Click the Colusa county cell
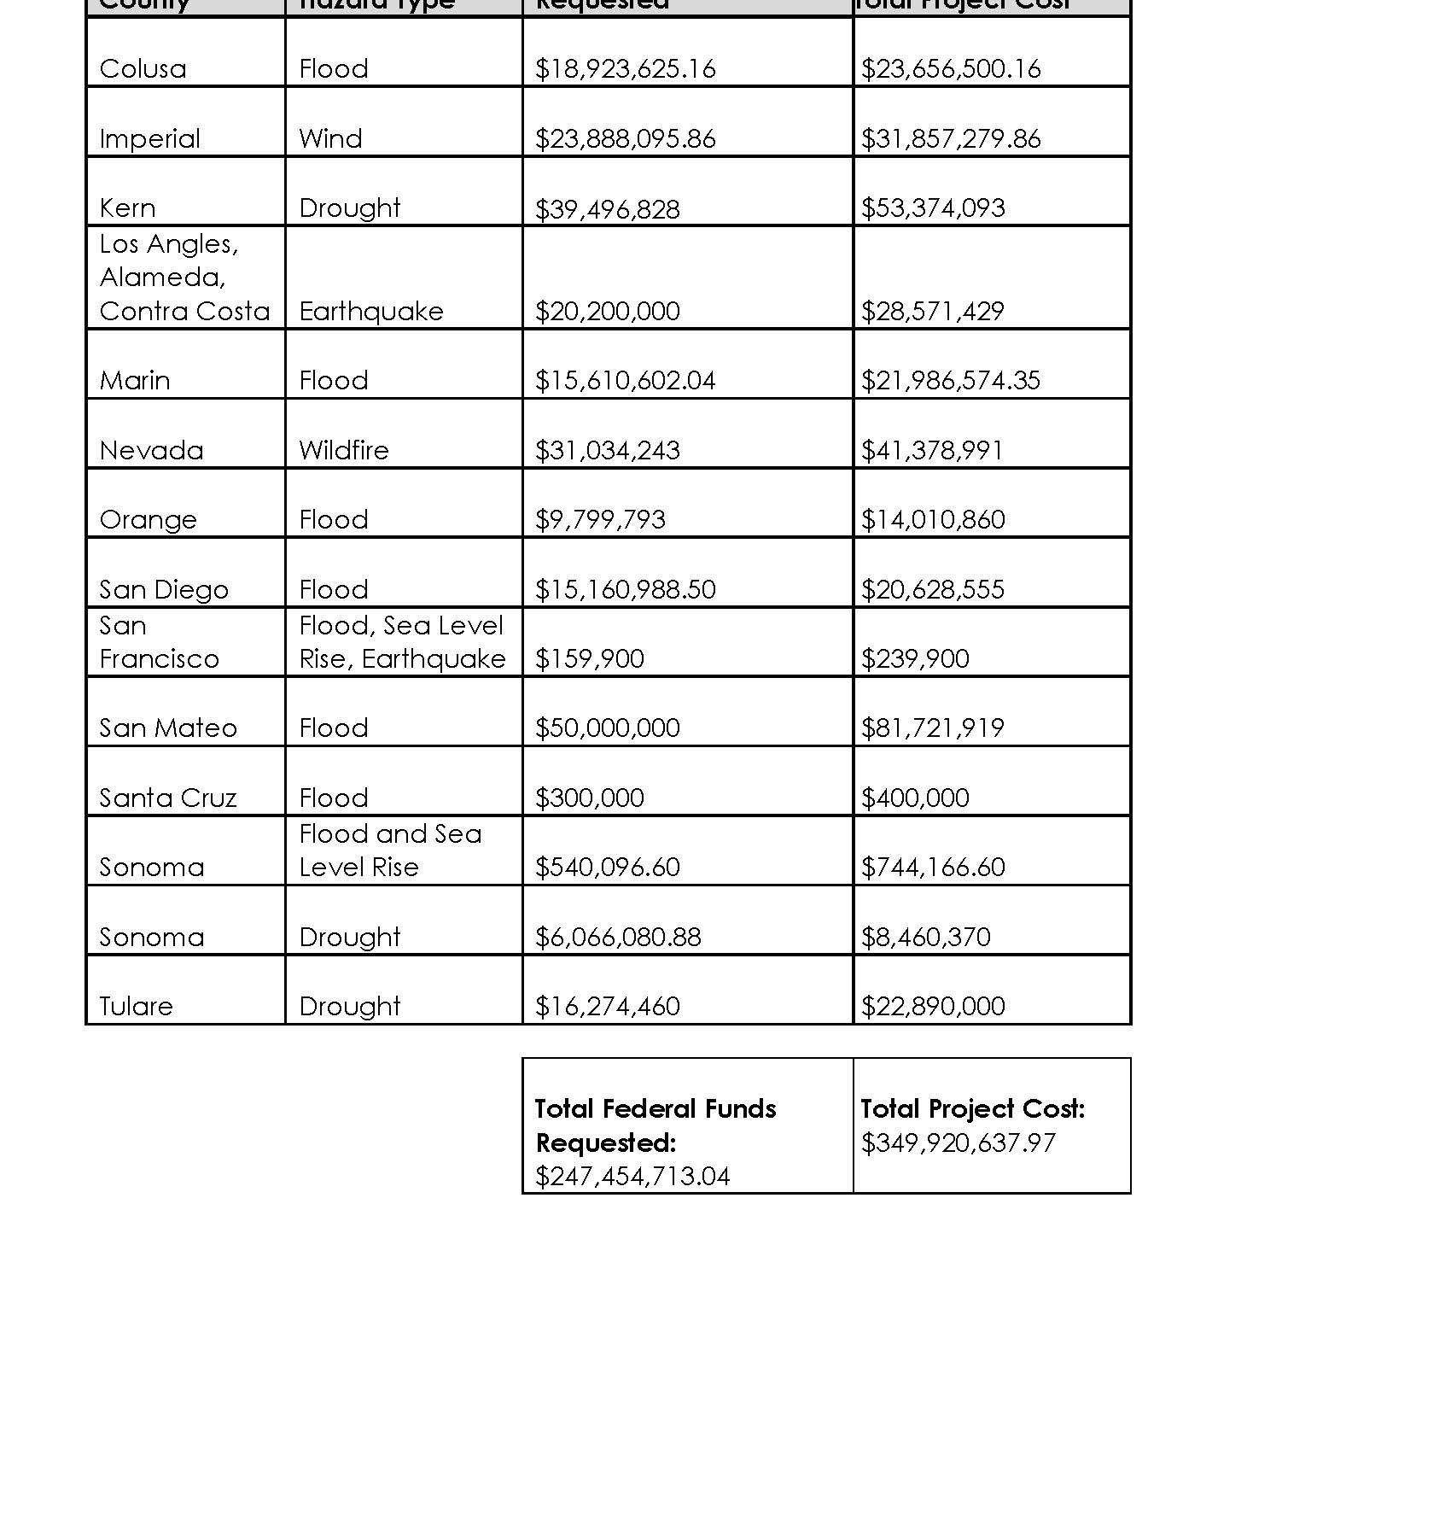[143, 69]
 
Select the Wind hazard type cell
[330, 139]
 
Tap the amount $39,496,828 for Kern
[607, 209]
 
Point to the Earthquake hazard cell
[371, 312]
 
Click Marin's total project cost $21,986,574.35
[950, 381]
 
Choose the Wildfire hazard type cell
[344, 451]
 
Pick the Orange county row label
[148, 520]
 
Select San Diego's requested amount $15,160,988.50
[625, 590]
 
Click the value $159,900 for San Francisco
[589, 659]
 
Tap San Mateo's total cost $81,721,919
[932, 728]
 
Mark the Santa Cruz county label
[167, 798]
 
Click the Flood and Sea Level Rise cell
[390, 850]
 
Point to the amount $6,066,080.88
[618, 938]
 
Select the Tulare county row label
[136, 1007]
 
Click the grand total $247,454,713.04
[632, 1177]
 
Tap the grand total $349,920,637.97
[958, 1143]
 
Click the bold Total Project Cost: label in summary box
[972, 1109]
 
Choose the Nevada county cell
[151, 451]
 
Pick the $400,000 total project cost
[914, 798]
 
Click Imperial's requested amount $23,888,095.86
[625, 139]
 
